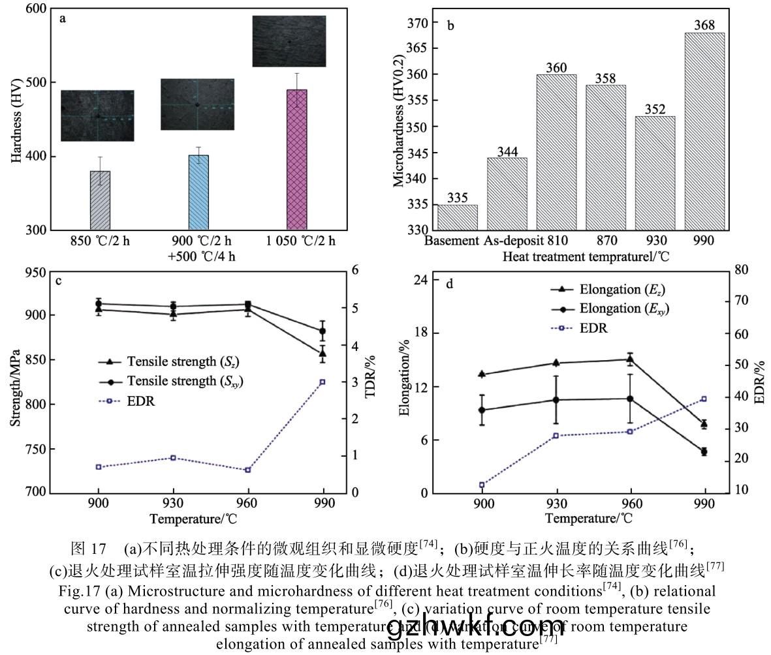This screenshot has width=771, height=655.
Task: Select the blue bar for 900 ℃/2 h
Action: pos(198,193)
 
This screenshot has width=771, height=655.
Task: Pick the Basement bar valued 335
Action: pos(457,218)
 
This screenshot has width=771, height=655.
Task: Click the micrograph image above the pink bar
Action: pos(289,41)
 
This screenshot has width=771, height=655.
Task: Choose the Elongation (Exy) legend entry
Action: pos(613,309)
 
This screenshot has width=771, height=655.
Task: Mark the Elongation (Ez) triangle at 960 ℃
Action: pos(631,359)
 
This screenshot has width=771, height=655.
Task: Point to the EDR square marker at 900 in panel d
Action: pos(482,485)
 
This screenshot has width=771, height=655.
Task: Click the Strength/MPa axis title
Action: pos(15,387)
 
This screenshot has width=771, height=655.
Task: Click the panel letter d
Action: pos(449,283)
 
